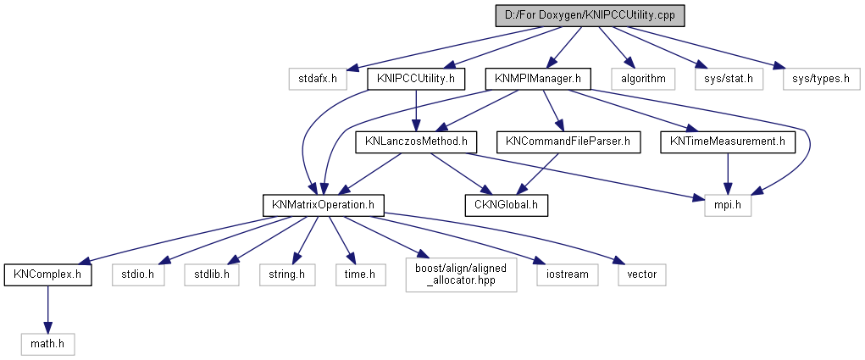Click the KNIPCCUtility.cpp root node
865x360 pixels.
click(x=590, y=15)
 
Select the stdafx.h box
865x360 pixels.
click(x=318, y=80)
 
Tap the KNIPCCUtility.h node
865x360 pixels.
click(x=417, y=80)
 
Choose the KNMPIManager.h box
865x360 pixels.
click(x=537, y=80)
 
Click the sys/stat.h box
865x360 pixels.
click(x=729, y=80)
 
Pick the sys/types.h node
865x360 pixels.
click(x=815, y=80)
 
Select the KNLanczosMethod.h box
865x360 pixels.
click(x=411, y=142)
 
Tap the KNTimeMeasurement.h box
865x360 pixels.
click(x=728, y=142)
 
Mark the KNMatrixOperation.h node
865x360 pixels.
click(x=324, y=205)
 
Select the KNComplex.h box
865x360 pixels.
click(x=47, y=274)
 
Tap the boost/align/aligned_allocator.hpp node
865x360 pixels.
click(x=462, y=274)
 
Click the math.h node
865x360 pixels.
click(x=48, y=344)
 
